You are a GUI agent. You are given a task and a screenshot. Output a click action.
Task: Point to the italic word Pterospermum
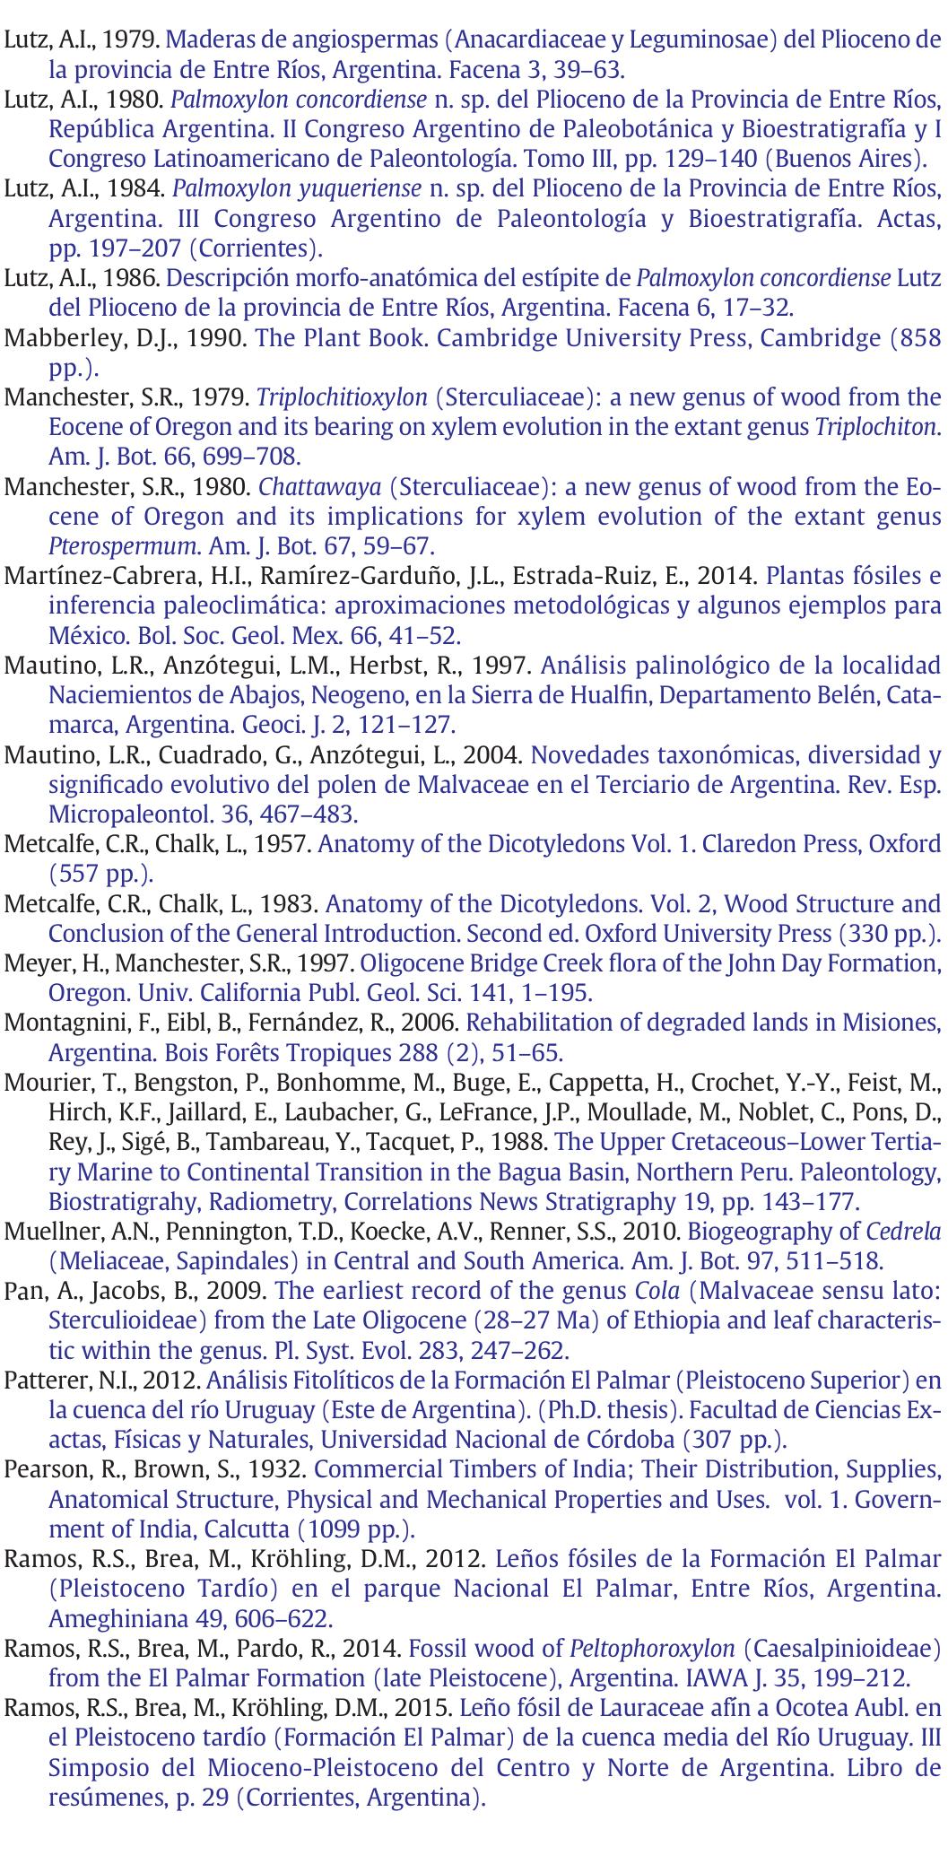(125, 547)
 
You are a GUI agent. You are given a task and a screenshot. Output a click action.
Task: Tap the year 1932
(277, 1470)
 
